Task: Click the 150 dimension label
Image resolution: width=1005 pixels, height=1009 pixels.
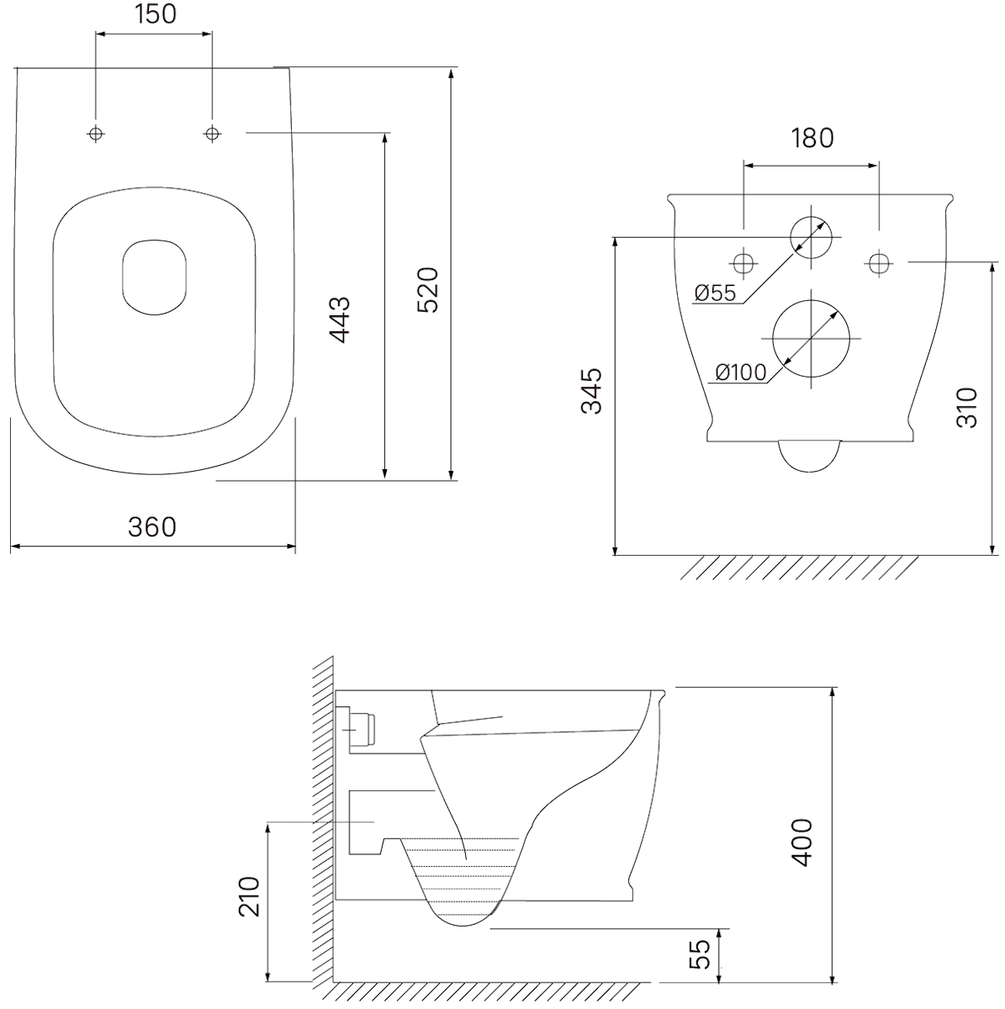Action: click(156, 14)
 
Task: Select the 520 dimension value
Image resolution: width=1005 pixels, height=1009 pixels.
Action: click(428, 290)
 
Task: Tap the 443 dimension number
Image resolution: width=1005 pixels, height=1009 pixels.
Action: click(340, 320)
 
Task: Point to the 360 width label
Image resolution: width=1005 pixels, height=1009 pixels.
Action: click(152, 526)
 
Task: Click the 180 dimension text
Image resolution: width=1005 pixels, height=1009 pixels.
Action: click(812, 138)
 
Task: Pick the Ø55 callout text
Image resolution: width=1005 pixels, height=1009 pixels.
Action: click(716, 293)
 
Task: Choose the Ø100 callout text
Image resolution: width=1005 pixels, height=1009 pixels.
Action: click(741, 372)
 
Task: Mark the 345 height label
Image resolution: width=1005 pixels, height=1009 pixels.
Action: click(592, 391)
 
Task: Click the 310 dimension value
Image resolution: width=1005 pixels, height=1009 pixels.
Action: click(967, 408)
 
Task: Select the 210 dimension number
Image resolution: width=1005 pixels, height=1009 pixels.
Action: click(249, 897)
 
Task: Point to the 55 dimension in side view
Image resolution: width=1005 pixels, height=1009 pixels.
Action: click(701, 954)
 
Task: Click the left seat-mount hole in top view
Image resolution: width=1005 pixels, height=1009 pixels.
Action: click(95, 134)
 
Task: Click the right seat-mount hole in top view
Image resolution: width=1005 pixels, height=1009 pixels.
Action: click(212, 134)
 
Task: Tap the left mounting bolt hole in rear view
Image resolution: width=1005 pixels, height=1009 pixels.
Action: click(743, 263)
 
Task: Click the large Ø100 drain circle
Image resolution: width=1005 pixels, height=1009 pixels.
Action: click(849, 339)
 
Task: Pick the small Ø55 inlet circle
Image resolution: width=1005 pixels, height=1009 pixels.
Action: click(832, 237)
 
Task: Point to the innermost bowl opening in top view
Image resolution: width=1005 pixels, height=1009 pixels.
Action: click(122, 277)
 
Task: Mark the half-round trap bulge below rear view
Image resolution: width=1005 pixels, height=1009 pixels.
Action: click(810, 471)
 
